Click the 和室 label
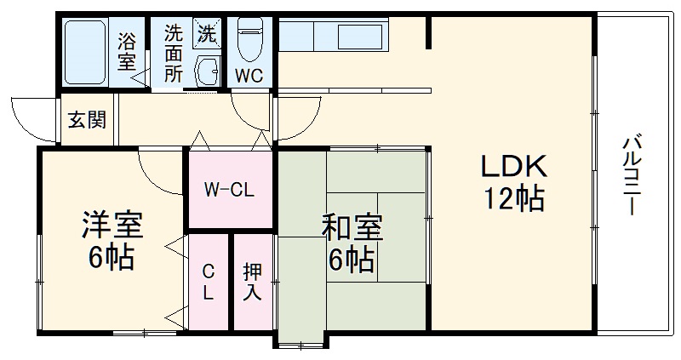[352, 229]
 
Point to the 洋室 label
[112, 225]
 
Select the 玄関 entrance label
[87, 120]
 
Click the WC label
[249, 75]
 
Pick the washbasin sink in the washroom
[207, 71]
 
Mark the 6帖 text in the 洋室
[112, 256]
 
